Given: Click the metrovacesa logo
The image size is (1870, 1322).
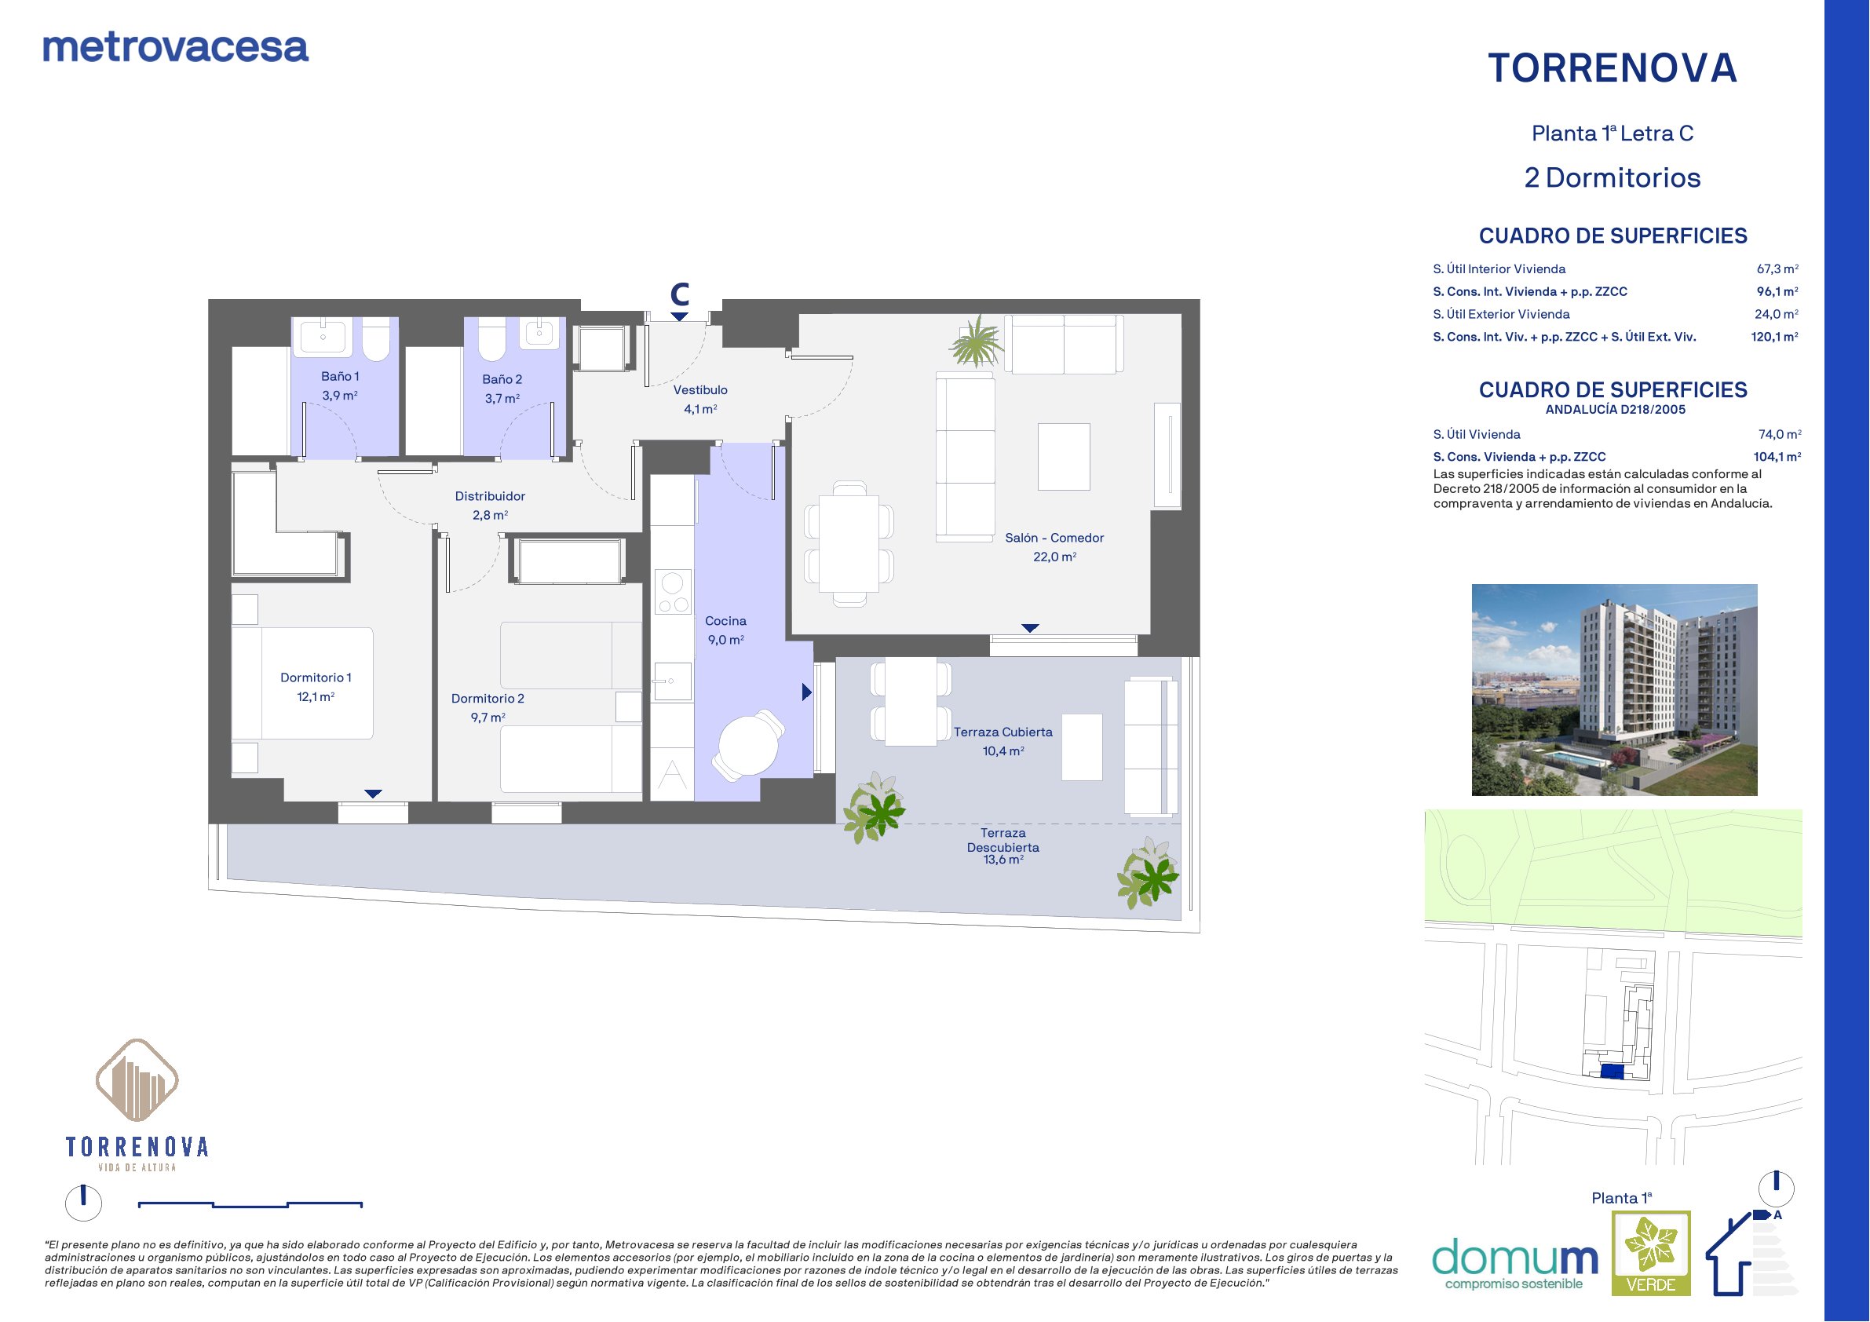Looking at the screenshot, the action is (175, 48).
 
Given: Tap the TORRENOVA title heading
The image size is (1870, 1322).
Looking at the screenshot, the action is (1613, 68).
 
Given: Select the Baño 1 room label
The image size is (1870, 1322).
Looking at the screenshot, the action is (340, 385).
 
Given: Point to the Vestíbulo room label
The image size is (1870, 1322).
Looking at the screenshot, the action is (700, 399).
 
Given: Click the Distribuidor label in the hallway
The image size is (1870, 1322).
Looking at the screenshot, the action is (490, 505).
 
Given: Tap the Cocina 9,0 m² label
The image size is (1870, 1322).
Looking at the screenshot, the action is (725, 630).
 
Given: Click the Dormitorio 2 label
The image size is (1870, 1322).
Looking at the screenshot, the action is (488, 708).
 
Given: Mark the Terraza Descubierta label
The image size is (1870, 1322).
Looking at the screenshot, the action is (1003, 846).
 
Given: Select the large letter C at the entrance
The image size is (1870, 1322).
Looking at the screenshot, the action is (679, 294).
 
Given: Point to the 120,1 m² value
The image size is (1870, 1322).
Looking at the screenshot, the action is (1775, 337).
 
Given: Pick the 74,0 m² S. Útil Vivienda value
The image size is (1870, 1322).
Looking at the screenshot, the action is (1780, 434).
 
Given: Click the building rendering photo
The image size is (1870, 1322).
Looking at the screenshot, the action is (1614, 690).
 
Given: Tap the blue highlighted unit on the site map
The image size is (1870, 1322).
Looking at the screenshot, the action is (1612, 1072).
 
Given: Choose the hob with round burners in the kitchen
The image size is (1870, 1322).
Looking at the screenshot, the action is (673, 591).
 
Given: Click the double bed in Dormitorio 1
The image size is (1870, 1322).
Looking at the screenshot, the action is (302, 682).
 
